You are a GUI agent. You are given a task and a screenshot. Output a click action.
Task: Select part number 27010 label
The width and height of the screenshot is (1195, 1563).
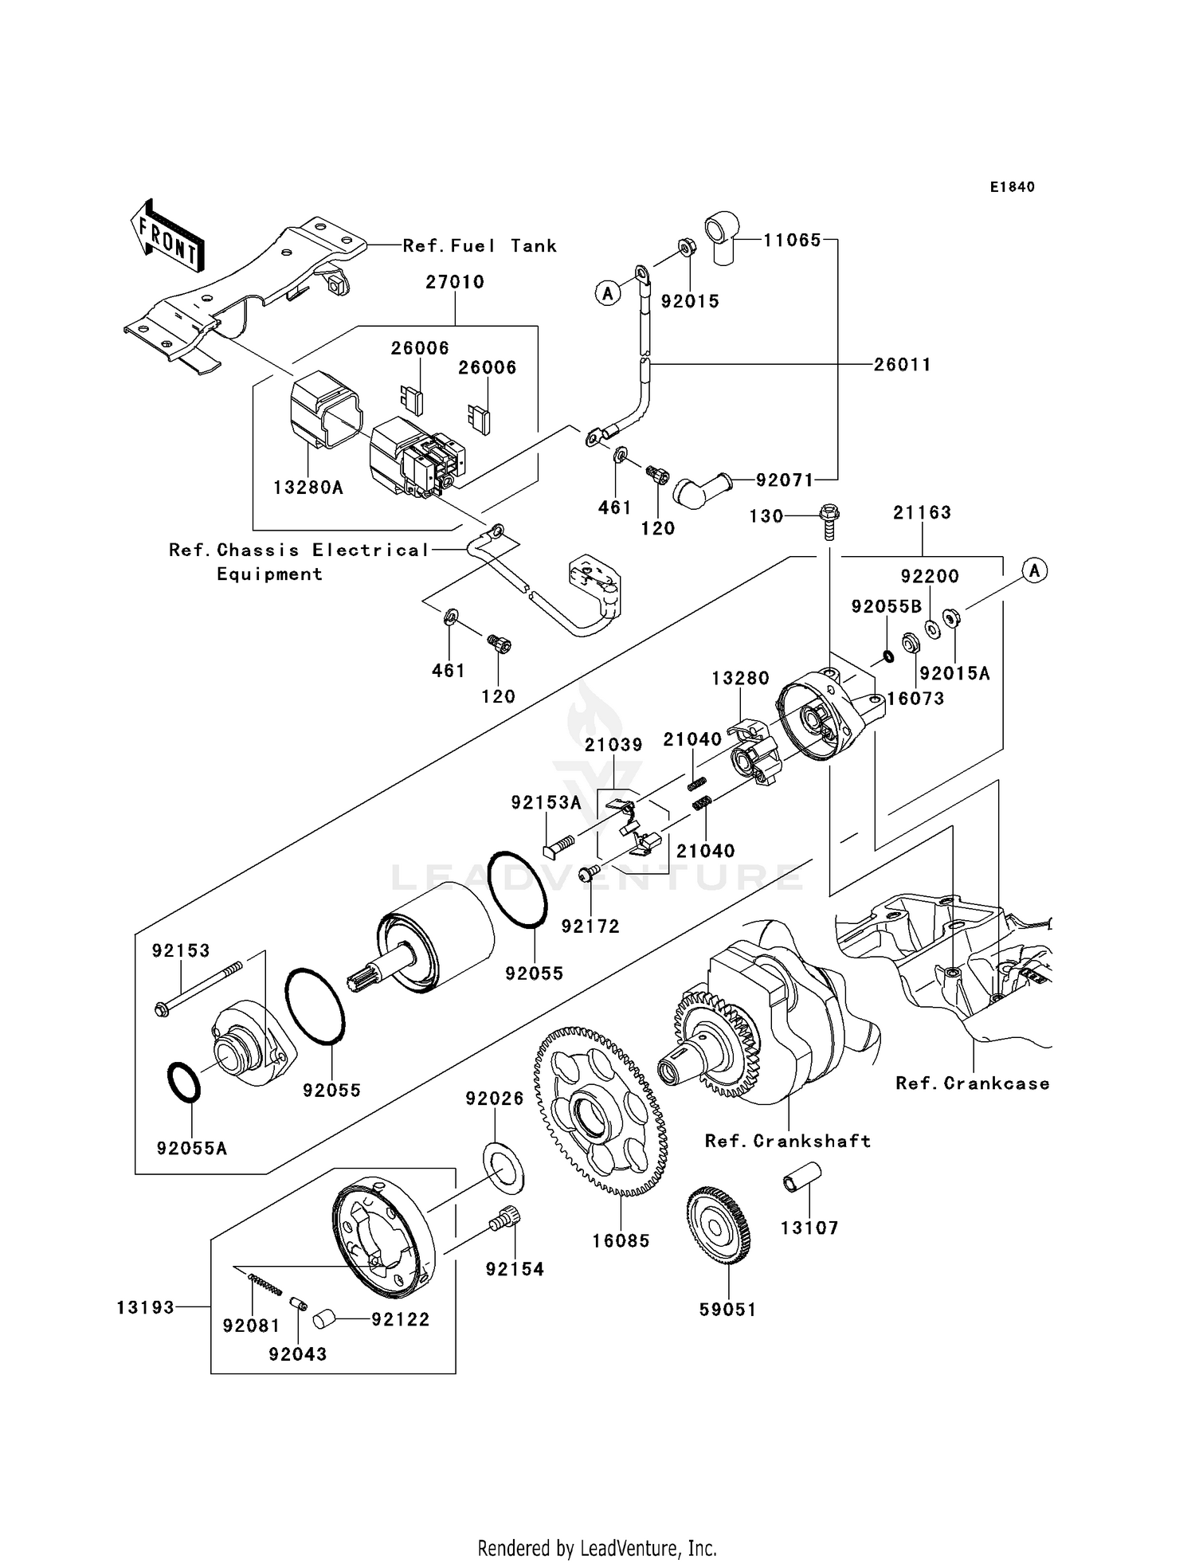(x=455, y=282)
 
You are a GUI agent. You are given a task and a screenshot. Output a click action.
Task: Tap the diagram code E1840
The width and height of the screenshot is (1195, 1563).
(x=1012, y=187)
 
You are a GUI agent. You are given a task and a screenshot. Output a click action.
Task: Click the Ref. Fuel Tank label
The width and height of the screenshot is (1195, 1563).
(x=479, y=246)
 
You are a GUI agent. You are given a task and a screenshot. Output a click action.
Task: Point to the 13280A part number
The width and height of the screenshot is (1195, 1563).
(x=308, y=488)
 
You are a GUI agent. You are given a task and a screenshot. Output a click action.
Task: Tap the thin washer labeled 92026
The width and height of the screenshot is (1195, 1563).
(x=503, y=1167)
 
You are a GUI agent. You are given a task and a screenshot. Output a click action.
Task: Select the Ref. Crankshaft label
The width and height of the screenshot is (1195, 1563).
(x=787, y=1141)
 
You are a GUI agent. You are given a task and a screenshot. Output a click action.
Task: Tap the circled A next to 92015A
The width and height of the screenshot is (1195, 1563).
(x=1034, y=570)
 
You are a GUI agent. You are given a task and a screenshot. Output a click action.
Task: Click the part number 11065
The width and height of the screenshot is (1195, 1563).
(x=792, y=240)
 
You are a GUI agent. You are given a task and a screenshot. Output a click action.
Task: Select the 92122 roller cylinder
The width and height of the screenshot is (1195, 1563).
(x=325, y=1320)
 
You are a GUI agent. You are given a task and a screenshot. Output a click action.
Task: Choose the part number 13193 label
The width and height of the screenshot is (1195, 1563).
(x=145, y=1307)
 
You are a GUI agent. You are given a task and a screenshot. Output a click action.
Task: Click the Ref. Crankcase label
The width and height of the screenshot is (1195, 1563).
(x=972, y=1083)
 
